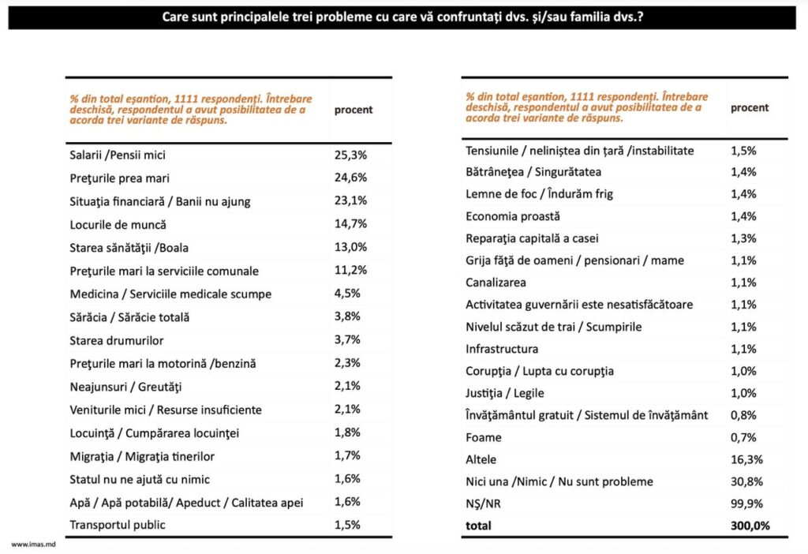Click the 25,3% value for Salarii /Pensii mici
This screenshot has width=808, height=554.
point(350,155)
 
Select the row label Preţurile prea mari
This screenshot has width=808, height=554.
point(119,178)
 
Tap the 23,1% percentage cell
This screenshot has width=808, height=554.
point(350,201)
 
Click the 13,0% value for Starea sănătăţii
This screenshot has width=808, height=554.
point(350,248)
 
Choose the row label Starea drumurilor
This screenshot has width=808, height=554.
point(117,340)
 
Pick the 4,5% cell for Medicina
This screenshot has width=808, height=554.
point(348,294)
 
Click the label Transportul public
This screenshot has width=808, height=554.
point(118,526)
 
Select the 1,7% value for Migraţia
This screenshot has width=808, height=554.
point(348,456)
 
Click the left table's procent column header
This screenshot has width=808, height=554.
point(353,110)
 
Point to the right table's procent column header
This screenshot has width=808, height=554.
point(750,108)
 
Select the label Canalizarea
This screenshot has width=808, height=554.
point(496,283)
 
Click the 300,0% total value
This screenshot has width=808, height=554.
point(750,526)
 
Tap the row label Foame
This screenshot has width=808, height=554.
point(484,437)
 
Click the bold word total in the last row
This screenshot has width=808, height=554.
point(478,526)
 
